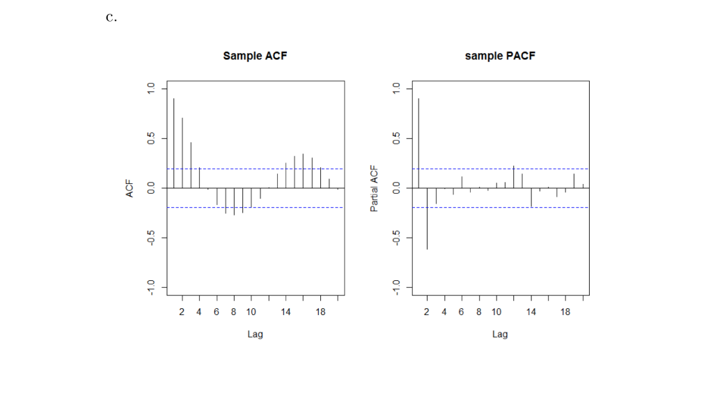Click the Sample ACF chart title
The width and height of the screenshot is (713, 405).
pyautogui.click(x=255, y=56)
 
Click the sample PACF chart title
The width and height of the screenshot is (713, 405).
pyautogui.click(x=500, y=56)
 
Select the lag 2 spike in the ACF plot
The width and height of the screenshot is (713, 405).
pyautogui.click(x=182, y=153)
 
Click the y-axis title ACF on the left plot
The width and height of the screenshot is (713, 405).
pyautogui.click(x=130, y=188)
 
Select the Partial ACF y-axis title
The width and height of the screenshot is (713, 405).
pyautogui.click(x=375, y=188)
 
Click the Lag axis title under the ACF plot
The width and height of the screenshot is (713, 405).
pyautogui.click(x=255, y=334)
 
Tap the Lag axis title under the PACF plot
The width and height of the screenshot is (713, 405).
pyautogui.click(x=500, y=334)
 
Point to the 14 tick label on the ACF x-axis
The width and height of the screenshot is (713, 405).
pyautogui.click(x=285, y=312)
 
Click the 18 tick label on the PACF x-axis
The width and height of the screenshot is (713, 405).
pyautogui.click(x=565, y=312)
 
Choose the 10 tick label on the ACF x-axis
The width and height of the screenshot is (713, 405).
pyautogui.click(x=251, y=312)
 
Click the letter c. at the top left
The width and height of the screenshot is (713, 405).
pyautogui.click(x=111, y=18)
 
